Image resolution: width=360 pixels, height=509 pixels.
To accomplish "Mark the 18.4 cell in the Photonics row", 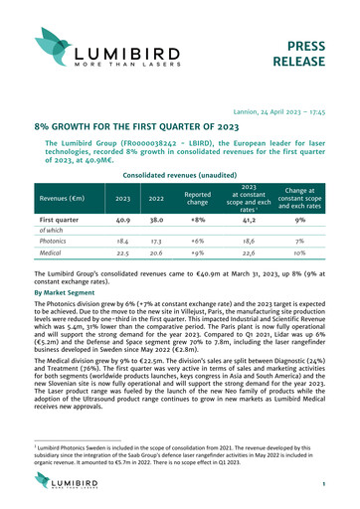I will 123,241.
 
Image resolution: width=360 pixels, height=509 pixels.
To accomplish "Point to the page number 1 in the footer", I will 339,484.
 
